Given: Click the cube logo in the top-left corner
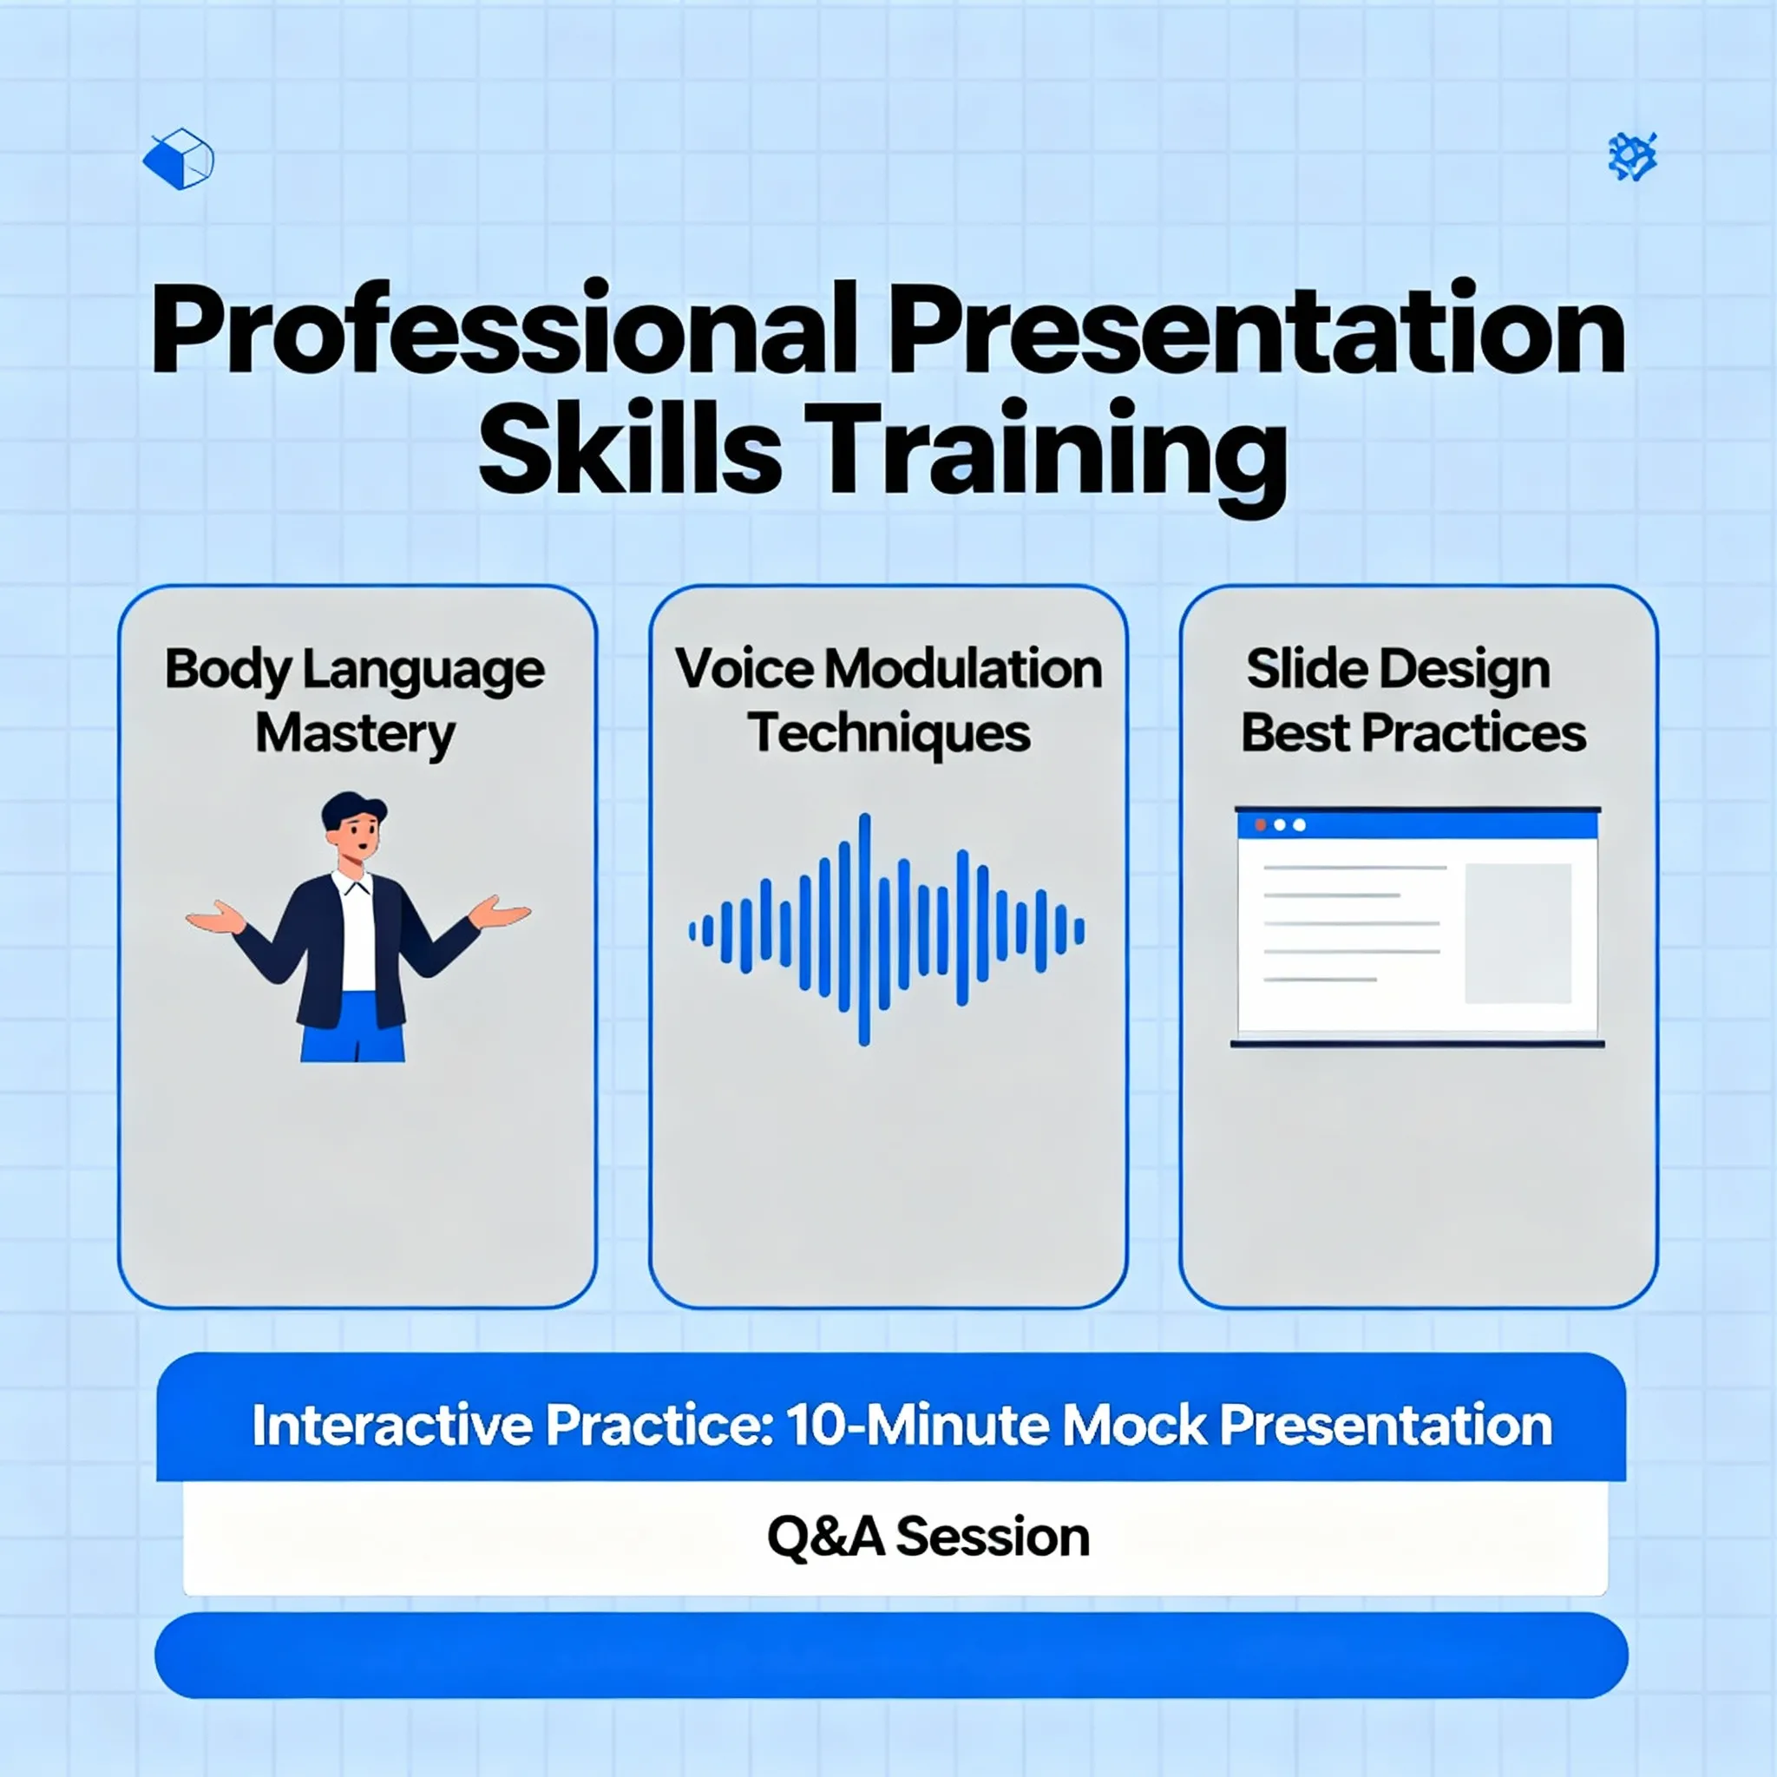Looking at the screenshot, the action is pyautogui.click(x=179, y=159).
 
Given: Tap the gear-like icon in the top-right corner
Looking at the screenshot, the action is pyautogui.click(x=1633, y=156).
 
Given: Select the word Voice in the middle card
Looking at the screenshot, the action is pyautogui.click(x=744, y=669).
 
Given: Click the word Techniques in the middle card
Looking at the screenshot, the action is pyautogui.click(x=888, y=735).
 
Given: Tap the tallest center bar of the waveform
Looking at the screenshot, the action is pyautogui.click(x=863, y=929).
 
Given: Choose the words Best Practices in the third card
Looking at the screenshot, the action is pyautogui.click(x=1413, y=733).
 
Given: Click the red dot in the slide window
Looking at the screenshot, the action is pyautogui.click(x=1260, y=825).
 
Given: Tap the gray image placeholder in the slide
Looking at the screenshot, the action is pyautogui.click(x=1518, y=933).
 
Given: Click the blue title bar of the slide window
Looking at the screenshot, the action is pyautogui.click(x=1418, y=824).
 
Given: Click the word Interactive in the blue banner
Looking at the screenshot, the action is pyautogui.click(x=393, y=1426).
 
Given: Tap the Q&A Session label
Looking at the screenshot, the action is pyautogui.click(x=928, y=1537).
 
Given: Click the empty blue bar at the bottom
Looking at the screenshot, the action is pyautogui.click(x=891, y=1656).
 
